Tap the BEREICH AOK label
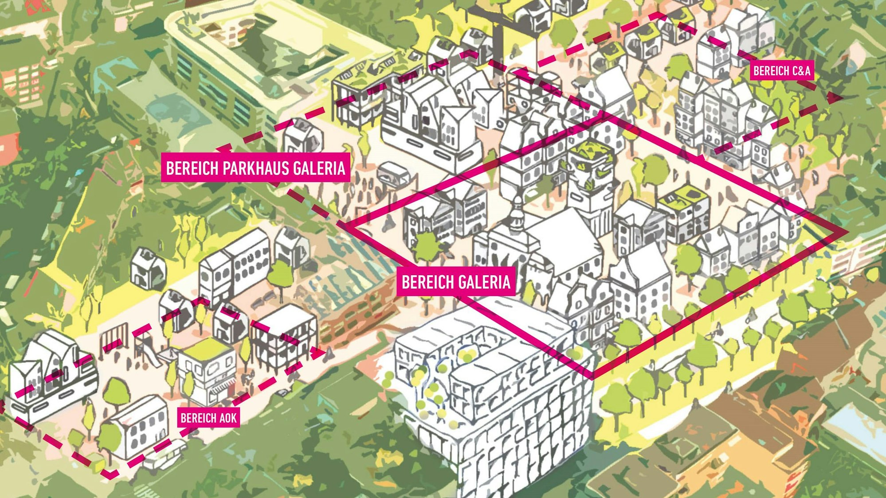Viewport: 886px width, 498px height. click(208, 418)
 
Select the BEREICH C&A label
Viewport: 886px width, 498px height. click(782, 71)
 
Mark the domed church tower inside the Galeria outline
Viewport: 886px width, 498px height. click(517, 217)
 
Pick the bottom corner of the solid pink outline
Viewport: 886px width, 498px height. click(592, 377)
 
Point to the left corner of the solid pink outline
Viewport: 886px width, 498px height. click(345, 226)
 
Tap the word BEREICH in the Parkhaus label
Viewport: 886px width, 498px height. click(192, 168)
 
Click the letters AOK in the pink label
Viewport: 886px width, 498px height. click(227, 418)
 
